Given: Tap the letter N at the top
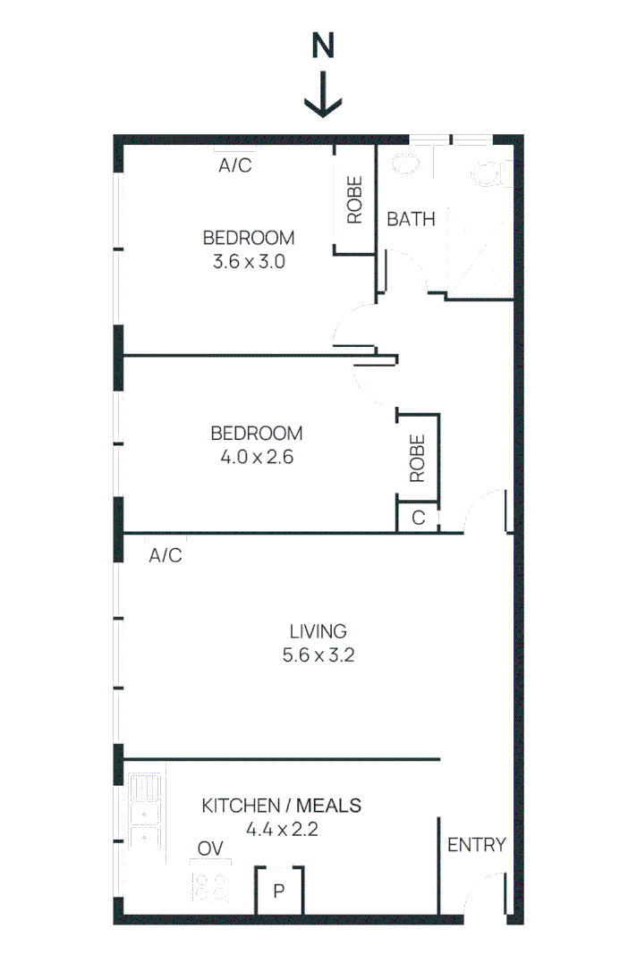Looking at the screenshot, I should tap(323, 47).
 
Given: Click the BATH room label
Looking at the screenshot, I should tap(411, 218).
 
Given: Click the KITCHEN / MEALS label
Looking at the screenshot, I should tap(282, 806).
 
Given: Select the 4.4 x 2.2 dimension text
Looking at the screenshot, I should tap(282, 829).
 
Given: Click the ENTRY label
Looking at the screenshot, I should tap(477, 845).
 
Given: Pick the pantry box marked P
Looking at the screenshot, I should tap(279, 891).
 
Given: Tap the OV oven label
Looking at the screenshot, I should tap(210, 848).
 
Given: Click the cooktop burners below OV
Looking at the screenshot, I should tap(210, 885).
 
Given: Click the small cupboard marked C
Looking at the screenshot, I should tap(418, 518).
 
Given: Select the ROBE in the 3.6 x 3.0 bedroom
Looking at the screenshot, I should tap(354, 199).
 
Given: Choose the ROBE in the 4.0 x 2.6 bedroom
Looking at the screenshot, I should tap(418, 458).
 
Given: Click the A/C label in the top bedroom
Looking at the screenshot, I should tap(235, 165).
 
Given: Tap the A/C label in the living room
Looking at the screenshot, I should tap(166, 555).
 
